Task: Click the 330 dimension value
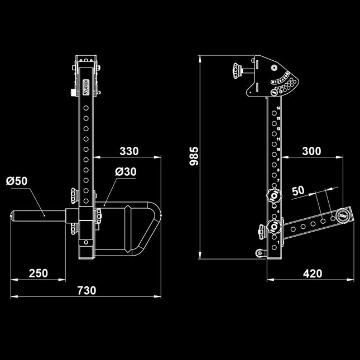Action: [x=128, y=151]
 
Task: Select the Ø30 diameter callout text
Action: [x=125, y=172]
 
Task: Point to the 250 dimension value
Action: [x=38, y=273]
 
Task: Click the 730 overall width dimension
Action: [x=86, y=290]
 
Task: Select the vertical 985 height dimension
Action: [x=194, y=157]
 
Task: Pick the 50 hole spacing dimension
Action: [x=299, y=190]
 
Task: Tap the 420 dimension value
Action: [x=313, y=273]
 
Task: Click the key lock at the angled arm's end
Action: [x=342, y=214]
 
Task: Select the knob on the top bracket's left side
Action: [x=234, y=71]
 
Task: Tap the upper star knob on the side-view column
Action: [x=274, y=195]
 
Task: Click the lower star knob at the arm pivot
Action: [x=273, y=228]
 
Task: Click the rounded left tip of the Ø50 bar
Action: [x=15, y=215]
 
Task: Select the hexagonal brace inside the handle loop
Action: [x=128, y=229]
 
